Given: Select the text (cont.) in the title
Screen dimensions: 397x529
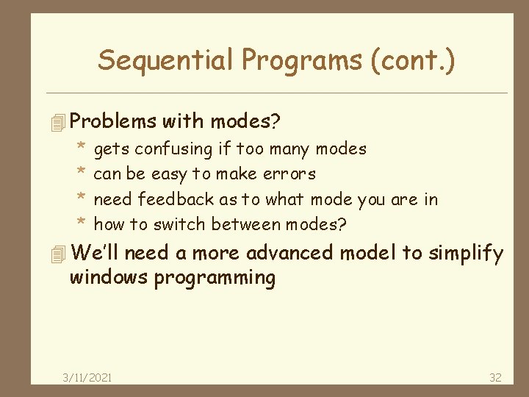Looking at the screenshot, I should tap(414, 60).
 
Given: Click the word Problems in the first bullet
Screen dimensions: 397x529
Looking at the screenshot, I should tap(114, 120).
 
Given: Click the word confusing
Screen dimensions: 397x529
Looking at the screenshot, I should tap(173, 149).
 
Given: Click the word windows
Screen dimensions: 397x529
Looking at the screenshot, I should tap(109, 279).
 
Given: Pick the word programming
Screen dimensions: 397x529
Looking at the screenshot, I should tap(215, 279).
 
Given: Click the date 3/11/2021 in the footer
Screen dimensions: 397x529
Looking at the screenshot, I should tap(87, 377).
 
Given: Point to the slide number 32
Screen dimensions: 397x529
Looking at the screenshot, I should tap(495, 377).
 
